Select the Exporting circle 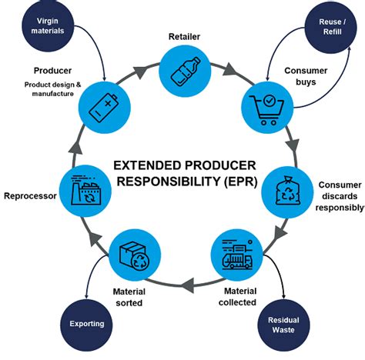[86, 323]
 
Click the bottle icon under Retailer [183, 70]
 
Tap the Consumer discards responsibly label [340, 196]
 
